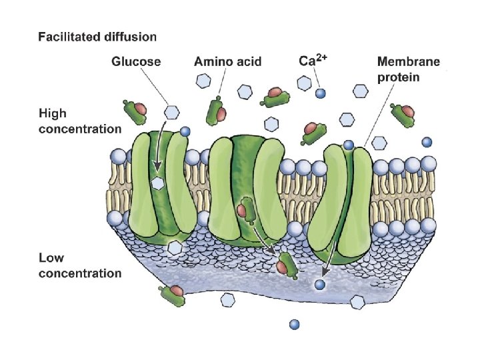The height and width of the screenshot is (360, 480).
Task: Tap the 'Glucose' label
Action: (136, 61)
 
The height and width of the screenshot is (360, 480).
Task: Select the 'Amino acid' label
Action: (227, 61)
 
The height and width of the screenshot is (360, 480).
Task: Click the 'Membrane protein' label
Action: (409, 69)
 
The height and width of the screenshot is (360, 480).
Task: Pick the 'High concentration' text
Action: (80, 121)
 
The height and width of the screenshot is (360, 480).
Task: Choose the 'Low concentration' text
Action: (80, 265)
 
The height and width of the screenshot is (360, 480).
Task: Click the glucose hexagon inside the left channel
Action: (158, 182)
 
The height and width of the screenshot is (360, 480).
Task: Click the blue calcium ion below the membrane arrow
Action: (321, 285)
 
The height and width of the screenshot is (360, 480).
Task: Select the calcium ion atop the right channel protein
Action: (348, 145)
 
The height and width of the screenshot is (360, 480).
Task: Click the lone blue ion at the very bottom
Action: (294, 325)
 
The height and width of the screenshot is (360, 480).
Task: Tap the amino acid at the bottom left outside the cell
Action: (172, 294)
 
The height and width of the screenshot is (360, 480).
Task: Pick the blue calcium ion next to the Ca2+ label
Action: (321, 93)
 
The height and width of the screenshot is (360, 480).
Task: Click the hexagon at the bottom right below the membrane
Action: (358, 303)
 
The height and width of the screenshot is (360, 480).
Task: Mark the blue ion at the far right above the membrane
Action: (426, 141)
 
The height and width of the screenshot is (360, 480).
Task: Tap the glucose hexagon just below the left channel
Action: (175, 248)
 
